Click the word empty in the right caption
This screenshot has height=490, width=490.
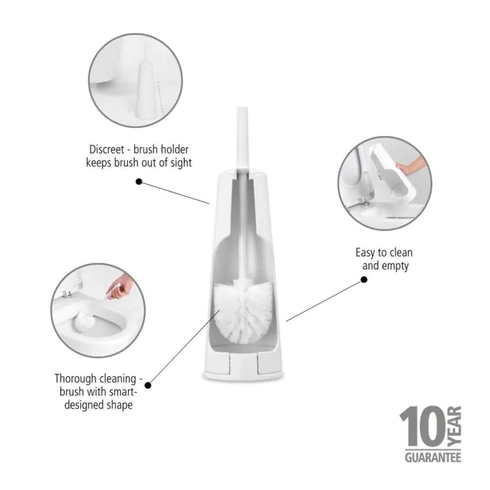point(395,266)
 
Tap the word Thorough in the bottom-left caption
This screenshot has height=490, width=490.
point(77,378)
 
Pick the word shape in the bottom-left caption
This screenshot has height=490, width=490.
point(117,406)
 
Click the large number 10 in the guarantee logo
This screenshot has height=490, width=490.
point(423,427)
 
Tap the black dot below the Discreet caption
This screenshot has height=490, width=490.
point(139,182)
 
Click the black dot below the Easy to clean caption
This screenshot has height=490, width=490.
point(363,280)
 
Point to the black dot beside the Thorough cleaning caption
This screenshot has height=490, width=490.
point(148,385)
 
